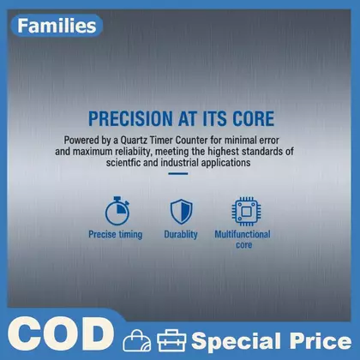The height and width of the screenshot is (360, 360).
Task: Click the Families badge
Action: (x=57, y=26)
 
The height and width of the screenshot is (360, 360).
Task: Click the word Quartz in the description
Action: (x=134, y=141)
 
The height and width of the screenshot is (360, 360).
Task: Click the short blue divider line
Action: (x=178, y=173)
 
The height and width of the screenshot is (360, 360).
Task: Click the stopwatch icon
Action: (x=117, y=211)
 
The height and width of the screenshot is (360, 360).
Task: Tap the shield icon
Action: (x=182, y=212)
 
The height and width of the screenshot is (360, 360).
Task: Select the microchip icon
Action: (x=246, y=212)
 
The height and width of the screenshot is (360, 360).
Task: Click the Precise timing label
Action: (x=116, y=235)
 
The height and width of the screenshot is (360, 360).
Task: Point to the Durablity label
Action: (x=181, y=235)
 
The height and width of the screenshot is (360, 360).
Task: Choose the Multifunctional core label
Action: (x=243, y=239)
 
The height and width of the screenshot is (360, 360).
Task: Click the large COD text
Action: (x=61, y=333)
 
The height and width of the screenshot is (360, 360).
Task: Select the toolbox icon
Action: (x=171, y=340)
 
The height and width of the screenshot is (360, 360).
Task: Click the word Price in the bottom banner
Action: (x=321, y=341)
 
